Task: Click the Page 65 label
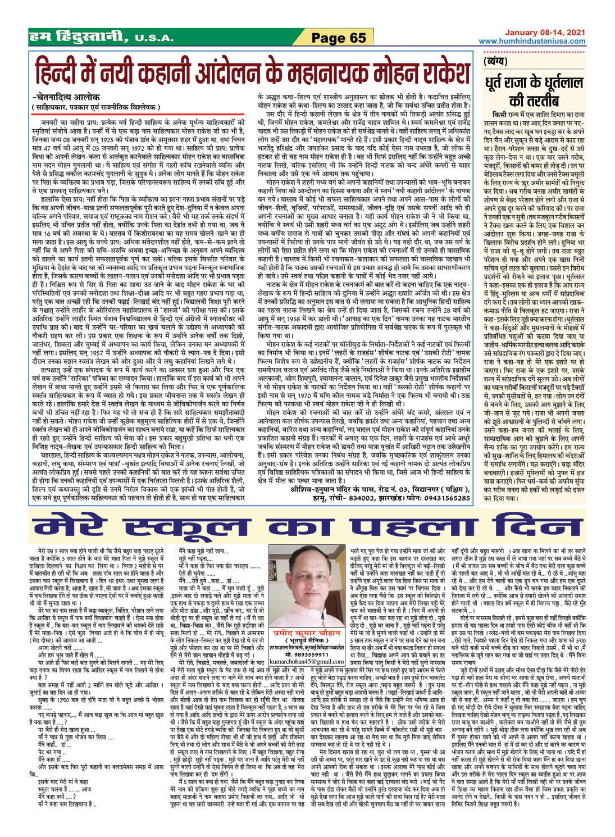click(338, 38)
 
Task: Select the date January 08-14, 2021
click(544, 33)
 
